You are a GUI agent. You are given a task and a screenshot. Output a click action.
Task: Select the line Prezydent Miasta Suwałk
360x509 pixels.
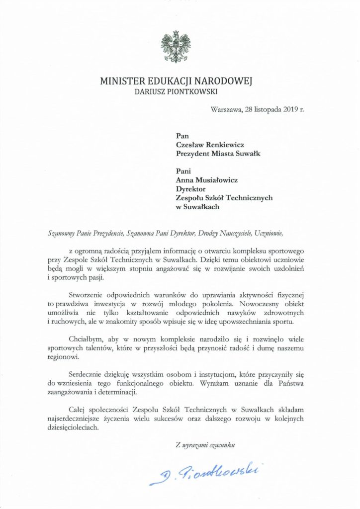(218, 153)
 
